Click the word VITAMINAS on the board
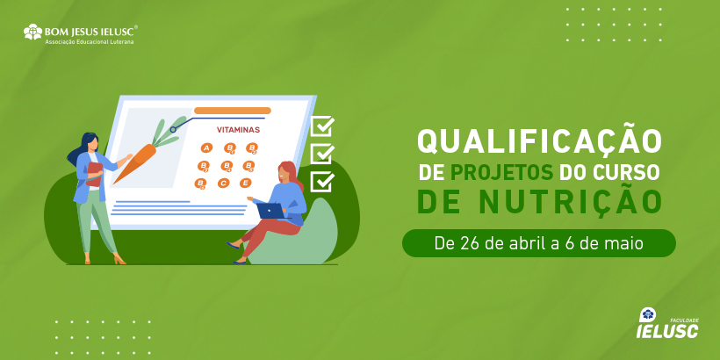click(238, 129)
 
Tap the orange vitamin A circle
click(206, 148)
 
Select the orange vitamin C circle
click(223, 184)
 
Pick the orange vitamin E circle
click(246, 183)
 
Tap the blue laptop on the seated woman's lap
click(270, 211)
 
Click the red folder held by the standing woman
click(94, 174)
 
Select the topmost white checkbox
click(322, 126)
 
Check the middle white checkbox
click(322, 154)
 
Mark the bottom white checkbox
click(322, 182)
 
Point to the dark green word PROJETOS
click(502, 172)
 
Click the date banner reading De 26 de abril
click(539, 243)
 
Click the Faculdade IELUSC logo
click(667, 323)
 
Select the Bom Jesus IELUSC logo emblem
click(32, 32)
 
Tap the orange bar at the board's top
click(233, 111)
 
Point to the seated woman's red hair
click(291, 175)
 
